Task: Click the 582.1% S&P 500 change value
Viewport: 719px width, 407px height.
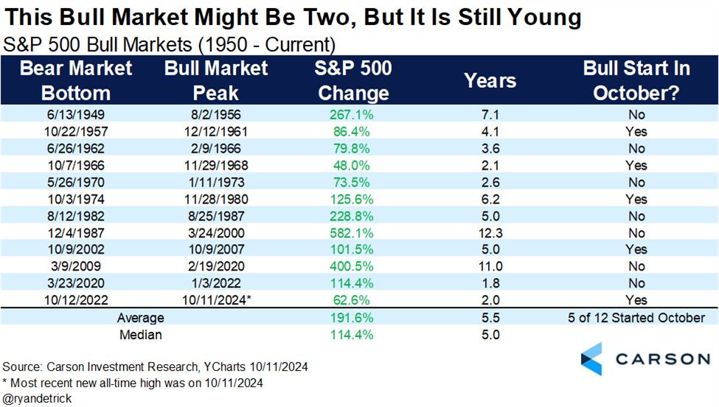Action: click(351, 233)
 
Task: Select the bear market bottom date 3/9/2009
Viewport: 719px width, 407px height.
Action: click(76, 266)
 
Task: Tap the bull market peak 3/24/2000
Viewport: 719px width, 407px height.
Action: click(216, 233)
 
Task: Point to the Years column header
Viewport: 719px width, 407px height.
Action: click(490, 80)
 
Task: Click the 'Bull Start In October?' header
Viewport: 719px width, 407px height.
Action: click(636, 80)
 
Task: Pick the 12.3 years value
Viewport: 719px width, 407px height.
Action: click(490, 233)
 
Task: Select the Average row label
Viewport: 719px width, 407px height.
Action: click(140, 318)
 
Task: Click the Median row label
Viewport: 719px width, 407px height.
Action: click(140, 335)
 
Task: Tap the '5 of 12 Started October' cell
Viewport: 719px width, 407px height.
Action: click(636, 318)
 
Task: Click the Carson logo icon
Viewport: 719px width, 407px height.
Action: click(591, 359)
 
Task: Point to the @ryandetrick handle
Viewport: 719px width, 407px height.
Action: click(37, 399)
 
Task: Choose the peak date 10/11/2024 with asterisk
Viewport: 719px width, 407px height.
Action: click(216, 300)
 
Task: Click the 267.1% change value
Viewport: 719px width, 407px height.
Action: click(351, 114)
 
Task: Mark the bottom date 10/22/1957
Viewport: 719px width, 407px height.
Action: click(76, 131)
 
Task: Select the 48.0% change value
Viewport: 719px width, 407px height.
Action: click(351, 165)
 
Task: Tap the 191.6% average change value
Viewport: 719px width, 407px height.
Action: click(351, 318)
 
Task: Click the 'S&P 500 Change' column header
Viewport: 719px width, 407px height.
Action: click(353, 80)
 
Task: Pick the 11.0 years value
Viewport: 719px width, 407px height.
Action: click(490, 266)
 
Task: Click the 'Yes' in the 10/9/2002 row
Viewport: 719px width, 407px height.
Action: click(636, 249)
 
